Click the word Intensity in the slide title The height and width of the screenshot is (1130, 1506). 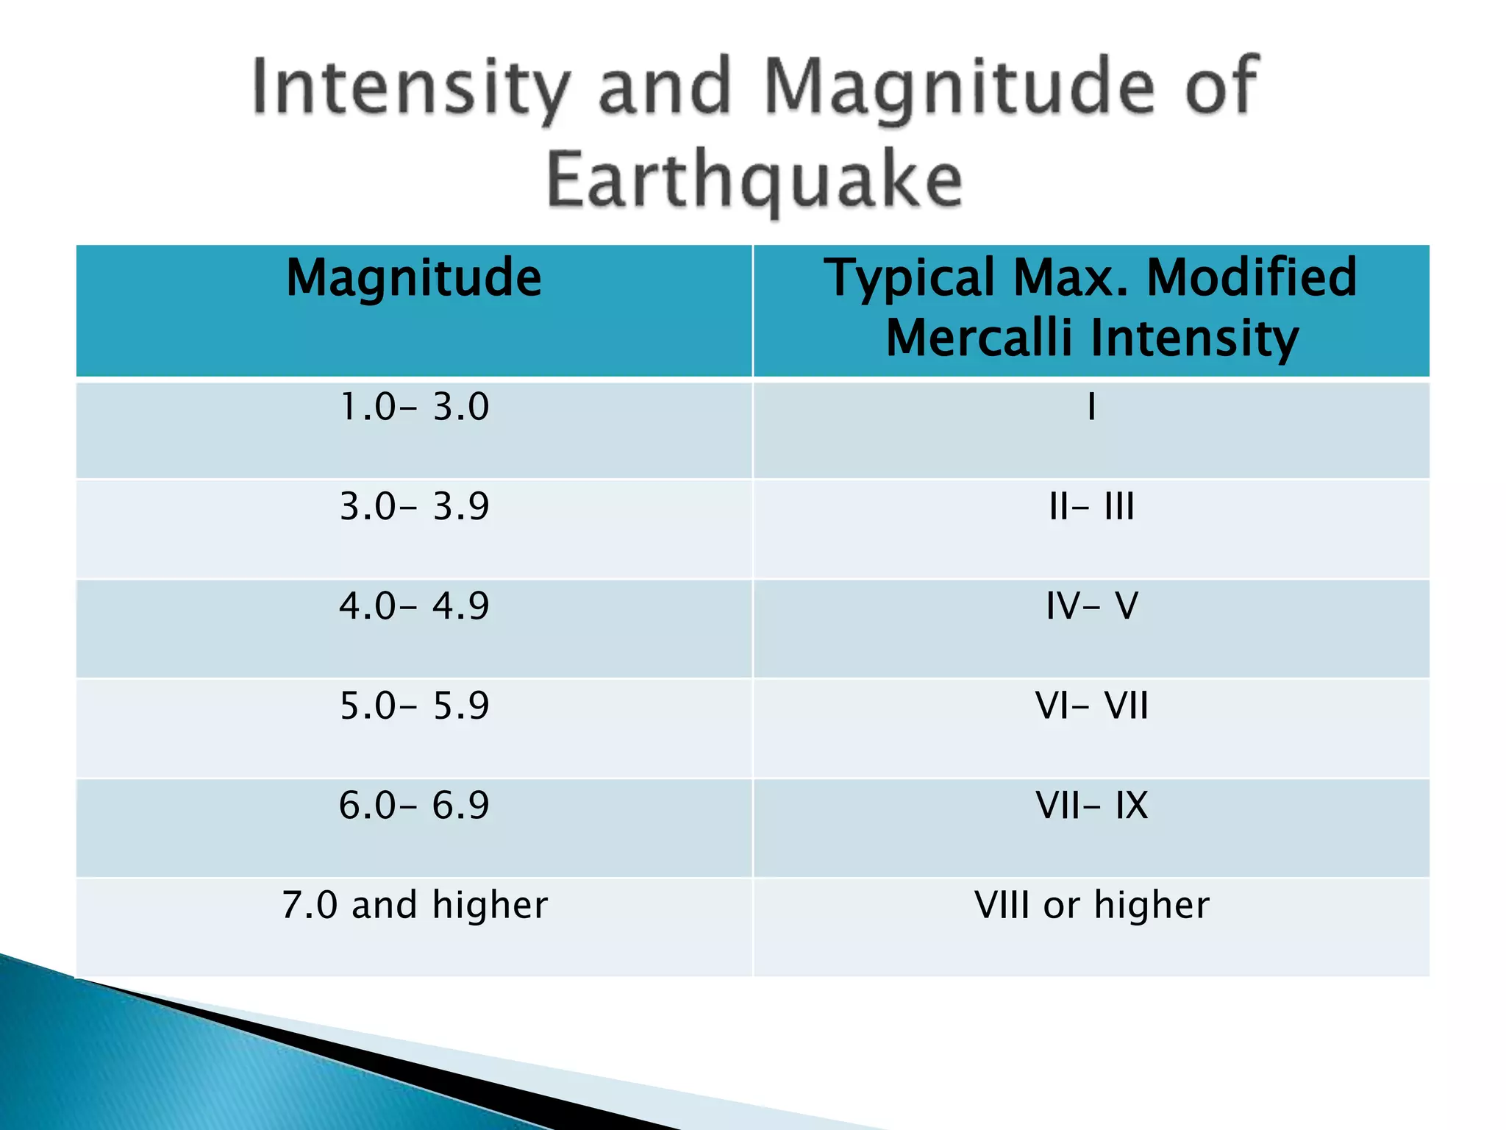410,88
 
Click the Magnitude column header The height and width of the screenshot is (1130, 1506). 414,278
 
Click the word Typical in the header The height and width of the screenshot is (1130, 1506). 910,278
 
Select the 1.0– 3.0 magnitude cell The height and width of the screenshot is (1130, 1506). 414,407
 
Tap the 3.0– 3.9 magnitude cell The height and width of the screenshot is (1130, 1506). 414,507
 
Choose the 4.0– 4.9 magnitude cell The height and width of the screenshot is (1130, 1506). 414,606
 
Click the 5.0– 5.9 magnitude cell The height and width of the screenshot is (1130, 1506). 414,706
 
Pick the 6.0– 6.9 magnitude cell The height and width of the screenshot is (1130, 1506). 414,805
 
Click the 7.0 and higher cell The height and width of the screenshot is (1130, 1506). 414,905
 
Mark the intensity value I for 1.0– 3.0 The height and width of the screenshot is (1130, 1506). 1091,407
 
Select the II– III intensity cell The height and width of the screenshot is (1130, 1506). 1091,507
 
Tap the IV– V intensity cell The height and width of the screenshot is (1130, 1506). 1091,606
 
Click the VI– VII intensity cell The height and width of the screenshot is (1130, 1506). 1091,706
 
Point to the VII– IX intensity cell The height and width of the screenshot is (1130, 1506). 1091,805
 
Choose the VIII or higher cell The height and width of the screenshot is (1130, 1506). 1091,905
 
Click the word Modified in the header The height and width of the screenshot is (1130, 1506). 1252,278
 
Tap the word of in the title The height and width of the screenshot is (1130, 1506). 1222,88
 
